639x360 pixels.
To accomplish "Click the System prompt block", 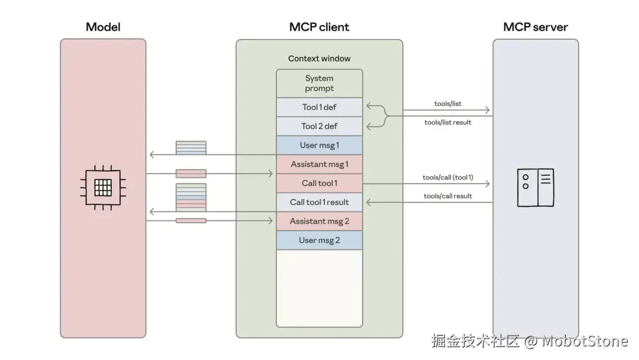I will (319, 83).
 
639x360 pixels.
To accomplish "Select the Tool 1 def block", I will (319, 107).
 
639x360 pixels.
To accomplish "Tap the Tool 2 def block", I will (319, 126).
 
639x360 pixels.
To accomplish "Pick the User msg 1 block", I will (319, 145).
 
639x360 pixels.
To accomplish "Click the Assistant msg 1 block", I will (319, 164).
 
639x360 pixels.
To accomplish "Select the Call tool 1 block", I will (319, 183).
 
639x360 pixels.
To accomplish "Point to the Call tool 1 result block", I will (319, 202).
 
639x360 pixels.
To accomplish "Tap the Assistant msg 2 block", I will (319, 221).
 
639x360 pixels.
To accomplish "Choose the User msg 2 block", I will (319, 240).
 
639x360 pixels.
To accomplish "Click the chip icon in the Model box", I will (103, 188).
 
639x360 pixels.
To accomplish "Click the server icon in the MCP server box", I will (535, 188).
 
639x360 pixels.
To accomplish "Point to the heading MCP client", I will (319, 27).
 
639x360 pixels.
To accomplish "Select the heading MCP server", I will (535, 27).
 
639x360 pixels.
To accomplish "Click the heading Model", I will (103, 27).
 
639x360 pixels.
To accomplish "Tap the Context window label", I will (319, 59).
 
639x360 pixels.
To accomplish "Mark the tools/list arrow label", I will (448, 104).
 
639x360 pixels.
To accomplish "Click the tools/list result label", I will (448, 123).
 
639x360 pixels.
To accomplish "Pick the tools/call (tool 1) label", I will (448, 178).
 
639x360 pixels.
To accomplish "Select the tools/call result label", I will (448, 196).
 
